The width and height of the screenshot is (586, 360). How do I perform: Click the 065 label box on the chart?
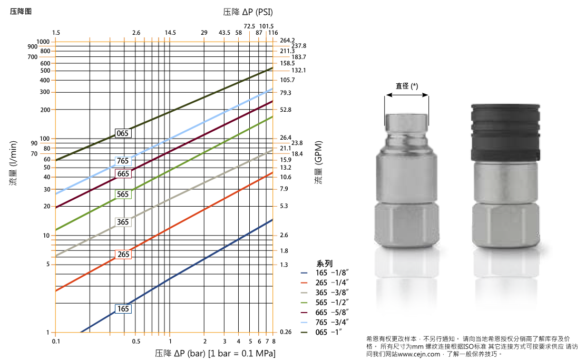point(123,133)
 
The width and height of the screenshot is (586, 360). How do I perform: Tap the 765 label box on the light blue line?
point(123,161)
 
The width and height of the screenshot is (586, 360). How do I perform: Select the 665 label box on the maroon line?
point(123,174)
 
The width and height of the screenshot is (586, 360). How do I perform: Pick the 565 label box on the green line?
point(123,194)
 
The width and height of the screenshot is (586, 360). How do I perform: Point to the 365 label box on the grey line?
point(123,222)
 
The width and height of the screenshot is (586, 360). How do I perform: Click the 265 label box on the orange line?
point(123,255)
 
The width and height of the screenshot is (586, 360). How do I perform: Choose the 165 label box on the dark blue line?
point(123,308)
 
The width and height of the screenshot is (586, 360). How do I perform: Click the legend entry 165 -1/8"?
point(329,273)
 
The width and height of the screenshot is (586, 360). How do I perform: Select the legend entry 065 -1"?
point(329,332)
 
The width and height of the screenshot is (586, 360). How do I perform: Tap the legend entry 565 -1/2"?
point(329,302)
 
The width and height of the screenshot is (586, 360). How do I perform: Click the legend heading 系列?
point(324,263)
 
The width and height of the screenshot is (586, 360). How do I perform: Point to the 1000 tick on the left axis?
point(43,42)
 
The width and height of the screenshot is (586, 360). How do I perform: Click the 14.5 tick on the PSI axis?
point(170,33)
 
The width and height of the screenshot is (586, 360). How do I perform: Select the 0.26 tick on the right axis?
point(286,332)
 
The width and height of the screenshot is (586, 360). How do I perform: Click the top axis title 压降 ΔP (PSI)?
point(248,11)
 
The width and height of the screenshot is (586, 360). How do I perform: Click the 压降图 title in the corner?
point(21,11)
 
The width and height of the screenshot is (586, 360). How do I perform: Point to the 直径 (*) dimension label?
point(407,86)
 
